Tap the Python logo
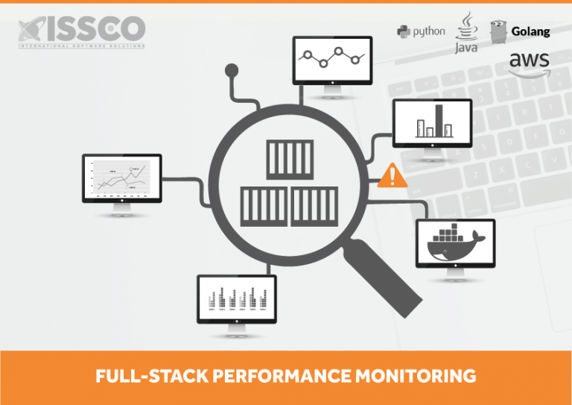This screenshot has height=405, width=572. [421, 31]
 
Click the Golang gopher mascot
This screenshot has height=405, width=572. [499, 31]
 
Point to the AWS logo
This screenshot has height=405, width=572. [530, 62]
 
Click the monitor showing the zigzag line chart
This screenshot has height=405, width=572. [332, 59]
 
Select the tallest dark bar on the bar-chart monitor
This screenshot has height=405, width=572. [439, 120]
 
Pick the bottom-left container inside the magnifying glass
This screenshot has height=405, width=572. [264, 206]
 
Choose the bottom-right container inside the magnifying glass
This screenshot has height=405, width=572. [314, 206]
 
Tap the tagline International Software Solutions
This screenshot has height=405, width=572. [82, 45]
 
